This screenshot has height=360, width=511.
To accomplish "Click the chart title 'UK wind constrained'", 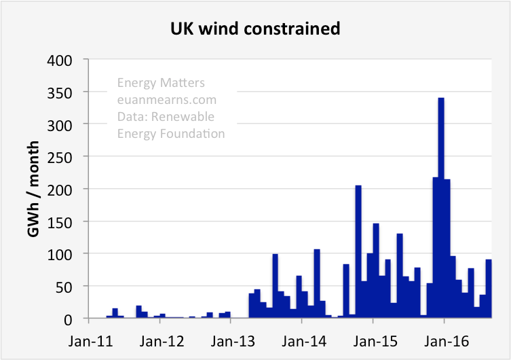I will pos(255,29).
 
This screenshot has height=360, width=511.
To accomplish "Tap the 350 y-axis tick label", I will pos(71,92).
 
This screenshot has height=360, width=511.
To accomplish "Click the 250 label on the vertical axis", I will pos(71,156).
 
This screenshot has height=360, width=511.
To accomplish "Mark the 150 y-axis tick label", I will pos(71,221).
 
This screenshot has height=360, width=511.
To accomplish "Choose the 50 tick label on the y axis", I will pos(74,286).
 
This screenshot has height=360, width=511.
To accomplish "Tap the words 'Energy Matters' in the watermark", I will pos(161,83).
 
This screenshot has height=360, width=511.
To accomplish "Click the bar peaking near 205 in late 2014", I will pos(358,251).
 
